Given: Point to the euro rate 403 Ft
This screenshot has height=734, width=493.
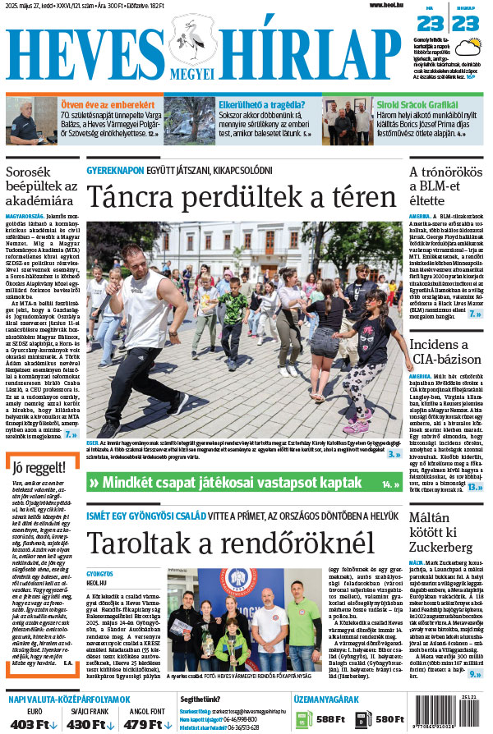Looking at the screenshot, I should point(33,724).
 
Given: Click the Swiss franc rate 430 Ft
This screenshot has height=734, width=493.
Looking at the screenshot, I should point(85,724).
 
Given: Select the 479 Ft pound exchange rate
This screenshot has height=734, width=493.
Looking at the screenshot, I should point(142,724).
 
